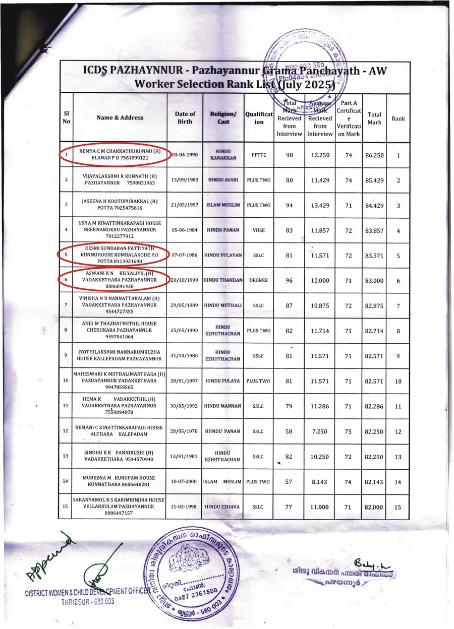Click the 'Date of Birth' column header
[185, 118]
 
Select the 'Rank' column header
[398, 118]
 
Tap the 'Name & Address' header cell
[120, 118]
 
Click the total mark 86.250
[374, 155]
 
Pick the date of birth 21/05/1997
[185, 205]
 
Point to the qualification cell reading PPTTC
[258, 155]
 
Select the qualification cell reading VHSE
[258, 230]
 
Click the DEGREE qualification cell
[258, 280]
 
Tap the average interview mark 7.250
[320, 431]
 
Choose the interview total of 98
[290, 155]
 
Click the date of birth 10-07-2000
[184, 481]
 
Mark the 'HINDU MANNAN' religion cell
[223, 406]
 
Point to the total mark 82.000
[374, 507]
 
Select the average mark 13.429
[320, 205]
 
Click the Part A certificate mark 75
[348, 431]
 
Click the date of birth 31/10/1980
[185, 356]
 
